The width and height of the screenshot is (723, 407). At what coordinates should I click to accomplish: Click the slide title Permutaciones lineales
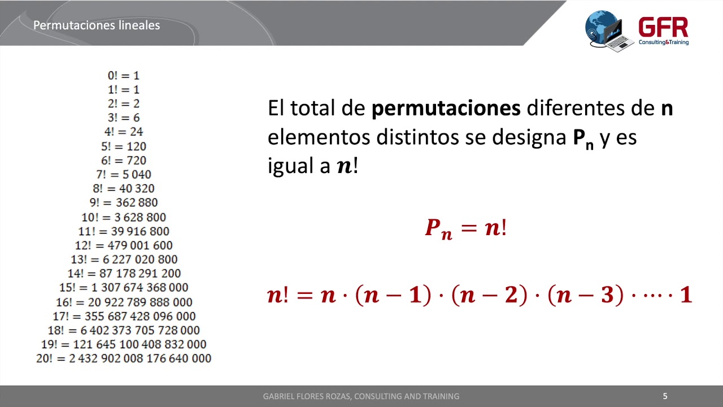(97, 25)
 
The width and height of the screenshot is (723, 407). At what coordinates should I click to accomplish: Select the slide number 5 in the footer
(665, 396)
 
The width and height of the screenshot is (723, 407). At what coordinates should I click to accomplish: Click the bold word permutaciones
(446, 108)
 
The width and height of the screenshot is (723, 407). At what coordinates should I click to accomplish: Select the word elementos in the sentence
(315, 137)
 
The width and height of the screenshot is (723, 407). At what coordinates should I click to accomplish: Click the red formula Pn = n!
(465, 228)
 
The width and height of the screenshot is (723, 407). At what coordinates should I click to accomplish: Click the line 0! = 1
(123, 75)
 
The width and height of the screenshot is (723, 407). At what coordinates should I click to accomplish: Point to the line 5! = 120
(123, 146)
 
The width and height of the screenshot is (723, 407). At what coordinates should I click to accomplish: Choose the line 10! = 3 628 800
(123, 217)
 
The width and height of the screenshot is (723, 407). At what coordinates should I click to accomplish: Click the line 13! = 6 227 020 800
(123, 259)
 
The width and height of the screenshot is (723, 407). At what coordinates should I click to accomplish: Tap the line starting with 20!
(123, 358)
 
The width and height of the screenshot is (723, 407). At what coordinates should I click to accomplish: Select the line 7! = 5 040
(123, 175)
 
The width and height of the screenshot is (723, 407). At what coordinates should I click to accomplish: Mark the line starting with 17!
(123, 316)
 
